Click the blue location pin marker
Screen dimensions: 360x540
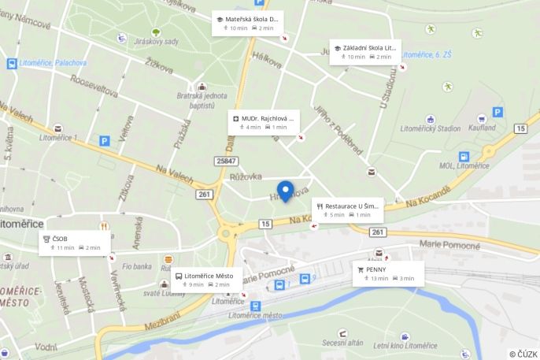[285, 191]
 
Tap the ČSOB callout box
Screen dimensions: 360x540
[74, 243]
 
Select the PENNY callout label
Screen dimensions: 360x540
[388, 273]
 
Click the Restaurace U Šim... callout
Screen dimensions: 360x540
[348, 210]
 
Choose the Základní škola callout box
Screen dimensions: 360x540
[364, 52]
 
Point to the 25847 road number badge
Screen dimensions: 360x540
[226, 161]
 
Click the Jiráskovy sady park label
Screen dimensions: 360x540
[156, 42]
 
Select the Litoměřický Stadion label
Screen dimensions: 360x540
[430, 128]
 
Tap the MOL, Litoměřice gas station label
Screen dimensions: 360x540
[472, 166]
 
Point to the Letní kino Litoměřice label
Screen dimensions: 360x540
[405, 346]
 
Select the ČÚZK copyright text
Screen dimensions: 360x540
[523, 354]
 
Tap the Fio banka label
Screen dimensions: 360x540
[136, 266]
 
